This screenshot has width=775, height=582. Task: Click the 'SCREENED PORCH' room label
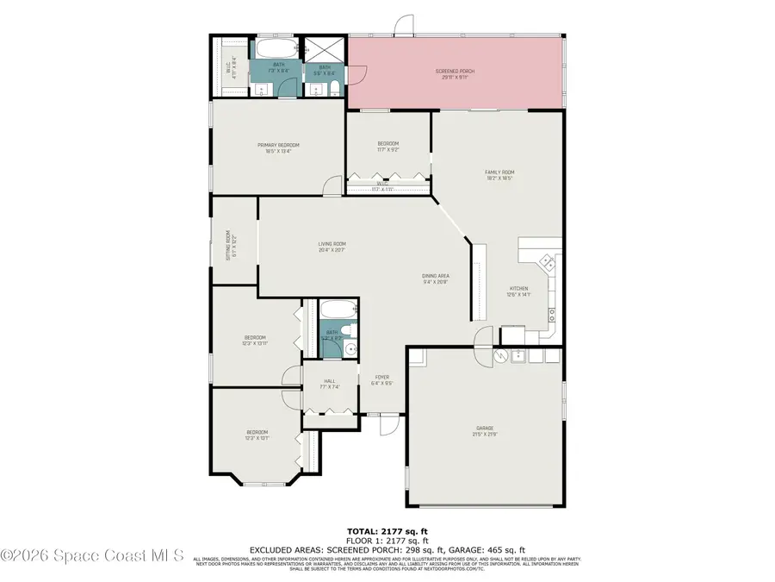click(455, 72)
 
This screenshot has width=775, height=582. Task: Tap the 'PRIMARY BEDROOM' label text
click(278, 145)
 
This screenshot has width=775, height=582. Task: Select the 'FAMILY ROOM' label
click(499, 172)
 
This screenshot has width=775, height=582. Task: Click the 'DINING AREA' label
click(436, 276)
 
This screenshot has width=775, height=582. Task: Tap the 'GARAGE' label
click(484, 428)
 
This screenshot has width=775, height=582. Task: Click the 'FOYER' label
click(381, 377)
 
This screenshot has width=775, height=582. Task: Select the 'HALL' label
click(329, 381)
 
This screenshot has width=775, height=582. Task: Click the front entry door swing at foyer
click(388, 423)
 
